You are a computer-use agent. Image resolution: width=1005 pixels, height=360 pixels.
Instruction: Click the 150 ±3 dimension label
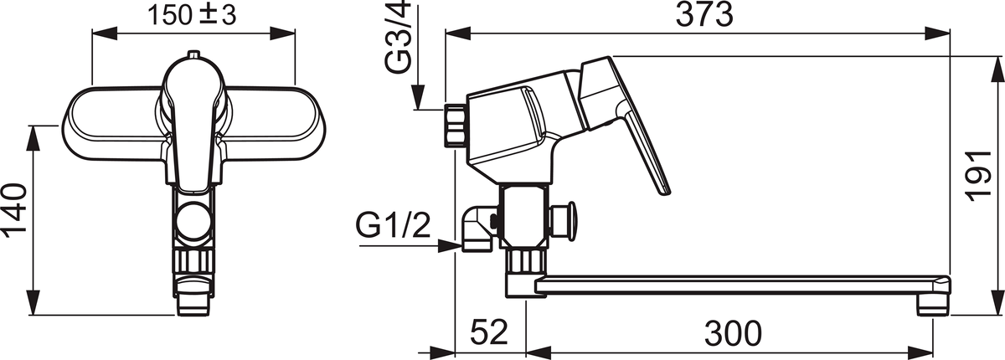click(192, 16)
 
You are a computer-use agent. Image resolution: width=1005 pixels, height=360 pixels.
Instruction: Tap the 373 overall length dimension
click(704, 14)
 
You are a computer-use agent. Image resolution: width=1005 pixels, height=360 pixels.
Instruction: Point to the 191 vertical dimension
click(978, 176)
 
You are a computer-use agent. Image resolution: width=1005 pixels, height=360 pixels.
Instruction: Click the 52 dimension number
click(489, 332)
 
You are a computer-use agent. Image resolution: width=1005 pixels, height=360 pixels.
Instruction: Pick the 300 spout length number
click(733, 333)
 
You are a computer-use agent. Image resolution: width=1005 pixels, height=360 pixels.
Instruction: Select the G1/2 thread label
click(393, 225)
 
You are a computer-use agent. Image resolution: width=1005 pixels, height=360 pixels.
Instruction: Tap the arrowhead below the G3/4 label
click(418, 97)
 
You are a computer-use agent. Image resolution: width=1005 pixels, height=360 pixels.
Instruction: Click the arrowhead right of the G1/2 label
click(450, 245)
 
